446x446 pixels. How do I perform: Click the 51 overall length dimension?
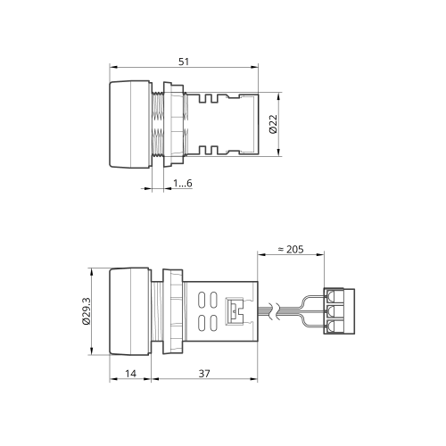tap(184, 62)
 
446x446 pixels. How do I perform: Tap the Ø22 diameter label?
tap(273, 124)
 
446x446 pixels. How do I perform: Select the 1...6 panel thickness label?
tap(183, 183)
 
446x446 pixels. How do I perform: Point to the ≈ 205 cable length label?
tap(291, 249)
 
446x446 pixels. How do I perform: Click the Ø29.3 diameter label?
tap(87, 311)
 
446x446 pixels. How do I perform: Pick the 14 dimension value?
tap(130, 374)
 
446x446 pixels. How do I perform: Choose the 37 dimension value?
tap(204, 374)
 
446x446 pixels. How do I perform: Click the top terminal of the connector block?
tap(330, 295)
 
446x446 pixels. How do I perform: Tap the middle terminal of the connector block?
tap(330, 311)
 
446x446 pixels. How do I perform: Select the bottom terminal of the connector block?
tap(330, 326)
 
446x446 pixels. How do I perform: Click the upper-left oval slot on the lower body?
tap(202, 300)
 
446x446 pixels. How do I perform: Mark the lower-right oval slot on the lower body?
tap(213, 323)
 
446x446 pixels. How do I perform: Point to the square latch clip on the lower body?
tap(234, 311)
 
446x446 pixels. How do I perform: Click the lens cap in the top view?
tap(129, 124)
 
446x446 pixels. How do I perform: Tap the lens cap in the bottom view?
tap(129, 311)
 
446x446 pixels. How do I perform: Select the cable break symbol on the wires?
tap(274, 311)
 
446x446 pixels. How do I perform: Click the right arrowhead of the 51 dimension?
tap(255, 67)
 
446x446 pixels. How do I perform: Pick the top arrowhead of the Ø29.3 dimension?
tap(92, 271)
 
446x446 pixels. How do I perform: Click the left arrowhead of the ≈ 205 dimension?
tap(261, 254)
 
